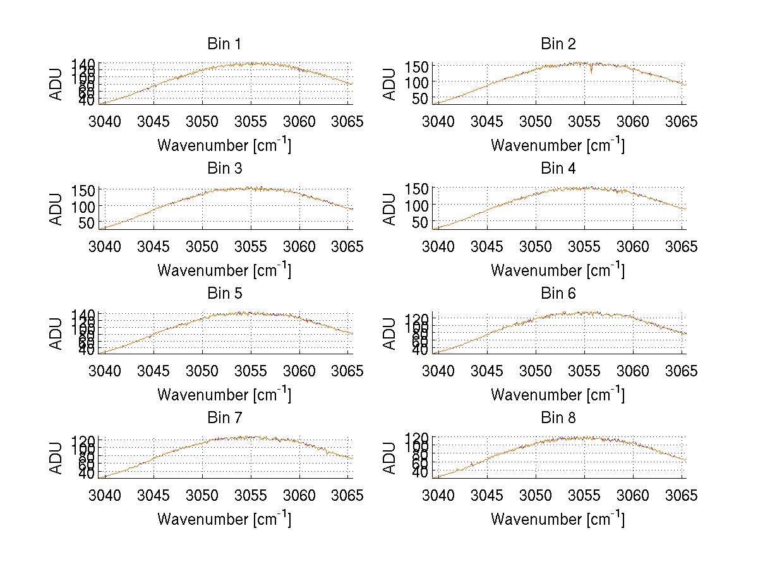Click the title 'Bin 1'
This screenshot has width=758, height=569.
coord(224,44)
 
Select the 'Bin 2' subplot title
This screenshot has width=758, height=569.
coord(558,44)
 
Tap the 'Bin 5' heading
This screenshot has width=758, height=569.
coord(224,294)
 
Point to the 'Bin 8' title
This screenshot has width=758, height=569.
coord(558,418)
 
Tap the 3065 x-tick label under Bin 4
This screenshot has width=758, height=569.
coord(682,246)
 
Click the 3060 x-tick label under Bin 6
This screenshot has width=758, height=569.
coord(633,371)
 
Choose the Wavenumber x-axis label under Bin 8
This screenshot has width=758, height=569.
coord(558,518)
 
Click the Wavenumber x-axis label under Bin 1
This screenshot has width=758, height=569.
coord(224,145)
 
